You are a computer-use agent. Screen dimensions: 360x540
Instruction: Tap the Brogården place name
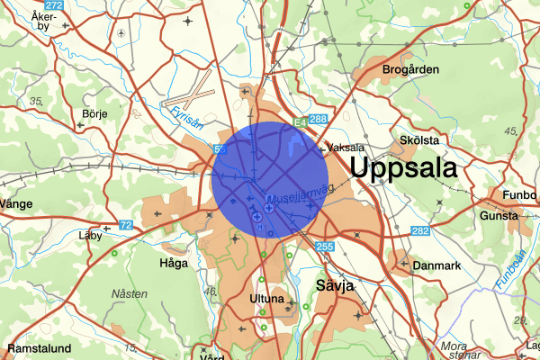click(x=410, y=69)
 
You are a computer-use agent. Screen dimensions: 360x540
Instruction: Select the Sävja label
click(x=337, y=285)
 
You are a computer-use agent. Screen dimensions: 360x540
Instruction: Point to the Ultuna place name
click(x=267, y=298)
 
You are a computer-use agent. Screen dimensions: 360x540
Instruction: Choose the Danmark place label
click(x=436, y=265)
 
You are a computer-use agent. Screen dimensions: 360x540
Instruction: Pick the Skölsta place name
click(x=419, y=141)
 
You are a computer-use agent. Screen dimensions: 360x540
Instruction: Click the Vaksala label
click(x=346, y=147)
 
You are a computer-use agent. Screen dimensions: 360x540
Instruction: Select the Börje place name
click(x=94, y=114)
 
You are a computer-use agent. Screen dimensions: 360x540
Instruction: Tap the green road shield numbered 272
click(x=53, y=5)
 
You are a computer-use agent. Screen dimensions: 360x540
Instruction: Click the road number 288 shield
click(x=318, y=120)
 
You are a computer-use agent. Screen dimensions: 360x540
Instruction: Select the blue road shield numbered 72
click(x=125, y=224)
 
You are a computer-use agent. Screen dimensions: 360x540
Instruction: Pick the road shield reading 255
click(x=325, y=246)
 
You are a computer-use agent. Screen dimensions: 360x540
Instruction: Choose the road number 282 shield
click(x=419, y=231)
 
